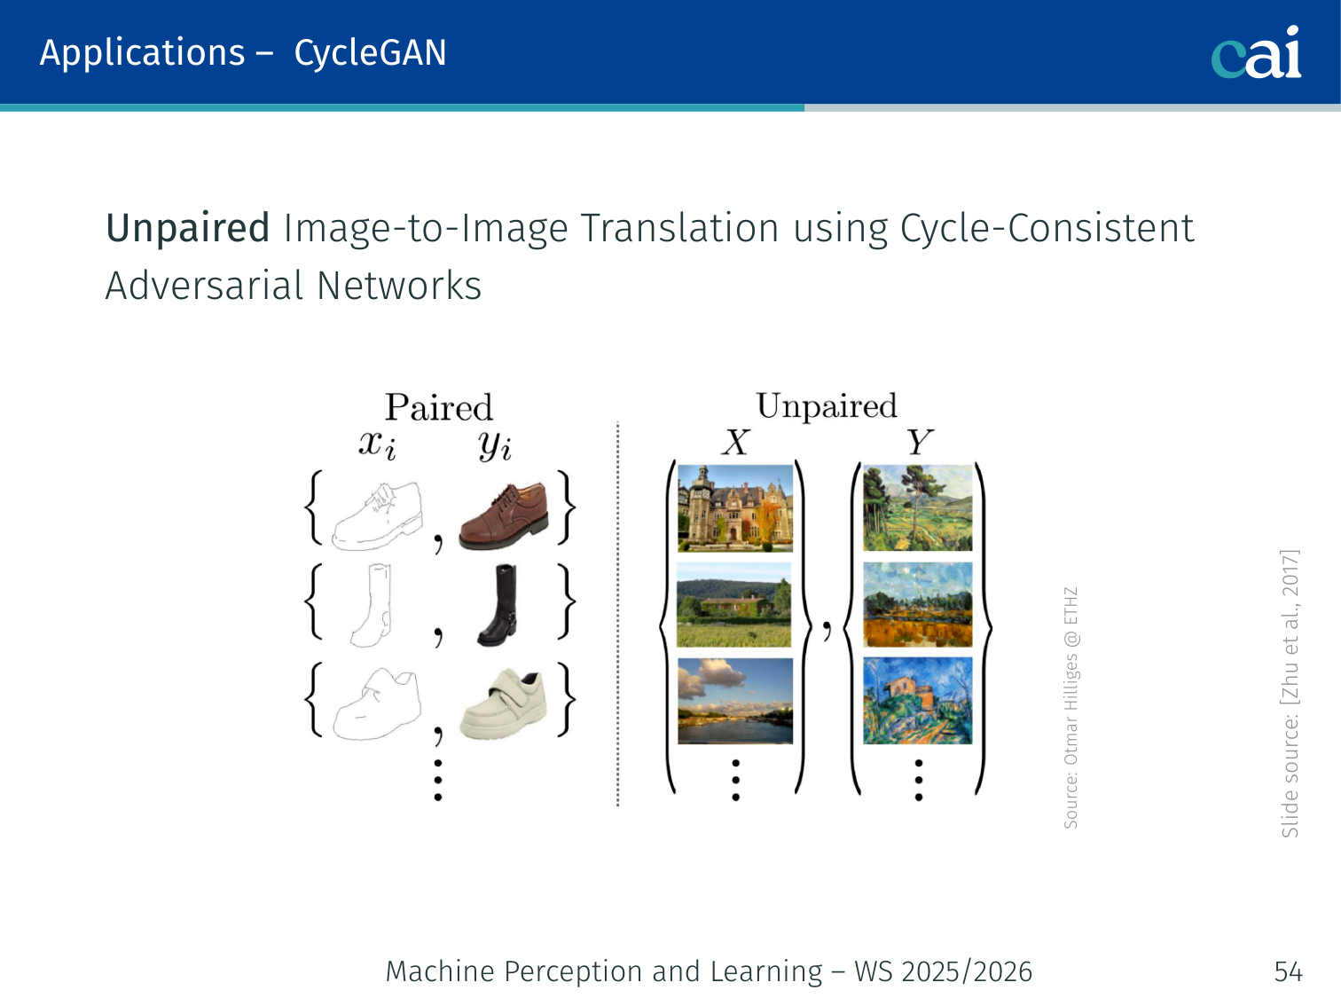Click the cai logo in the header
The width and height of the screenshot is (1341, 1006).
click(1256, 52)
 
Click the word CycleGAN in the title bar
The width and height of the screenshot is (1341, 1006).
click(370, 53)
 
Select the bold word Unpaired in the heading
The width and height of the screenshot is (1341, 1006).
click(187, 229)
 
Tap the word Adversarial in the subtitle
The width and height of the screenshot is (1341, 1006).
click(204, 286)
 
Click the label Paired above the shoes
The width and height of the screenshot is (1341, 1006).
click(438, 407)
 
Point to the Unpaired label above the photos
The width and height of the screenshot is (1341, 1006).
click(827, 406)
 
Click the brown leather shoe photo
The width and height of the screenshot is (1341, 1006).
click(504, 516)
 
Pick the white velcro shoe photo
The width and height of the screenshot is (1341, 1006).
click(504, 703)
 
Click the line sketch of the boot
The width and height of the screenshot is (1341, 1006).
click(372, 605)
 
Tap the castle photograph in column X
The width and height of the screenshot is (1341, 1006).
click(735, 508)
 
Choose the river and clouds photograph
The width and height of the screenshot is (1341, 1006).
click(735, 701)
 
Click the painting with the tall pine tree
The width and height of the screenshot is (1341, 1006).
click(918, 507)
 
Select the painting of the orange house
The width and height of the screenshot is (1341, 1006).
click(918, 701)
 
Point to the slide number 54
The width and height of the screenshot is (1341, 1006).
click(1289, 971)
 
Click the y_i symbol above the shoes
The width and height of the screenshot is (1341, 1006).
click(494, 446)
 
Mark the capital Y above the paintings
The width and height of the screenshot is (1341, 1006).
click(920, 441)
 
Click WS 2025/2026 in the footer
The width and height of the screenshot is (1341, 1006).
click(944, 971)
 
